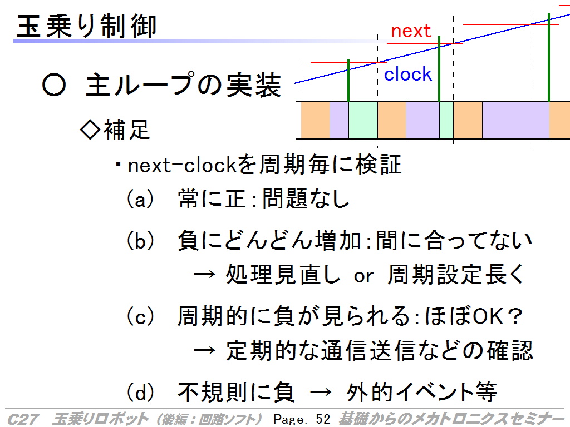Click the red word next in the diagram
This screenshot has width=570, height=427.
pos(411,31)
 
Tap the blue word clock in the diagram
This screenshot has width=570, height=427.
pos(408,74)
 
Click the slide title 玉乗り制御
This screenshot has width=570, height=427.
pos(86,26)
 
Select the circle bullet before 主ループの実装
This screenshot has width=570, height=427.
pos(54,85)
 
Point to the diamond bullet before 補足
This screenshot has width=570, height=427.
pos(90,130)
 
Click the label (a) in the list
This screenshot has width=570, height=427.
pos(140,199)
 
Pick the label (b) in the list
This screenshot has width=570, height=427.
pos(140,240)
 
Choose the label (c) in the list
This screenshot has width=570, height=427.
pos(140,316)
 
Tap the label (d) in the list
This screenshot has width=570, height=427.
pos(140,392)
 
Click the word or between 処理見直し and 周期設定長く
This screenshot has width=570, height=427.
pos(363,276)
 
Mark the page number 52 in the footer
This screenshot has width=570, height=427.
pos(322,419)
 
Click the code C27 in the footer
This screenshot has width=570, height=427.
pos(23,419)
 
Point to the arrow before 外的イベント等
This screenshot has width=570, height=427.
pos(321,392)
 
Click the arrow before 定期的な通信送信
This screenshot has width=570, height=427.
pos(204,351)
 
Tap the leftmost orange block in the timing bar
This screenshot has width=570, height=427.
pos(315,120)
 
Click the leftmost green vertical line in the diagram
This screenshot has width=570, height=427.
pos(348,80)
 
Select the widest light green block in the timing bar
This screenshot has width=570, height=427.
pos(363,120)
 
